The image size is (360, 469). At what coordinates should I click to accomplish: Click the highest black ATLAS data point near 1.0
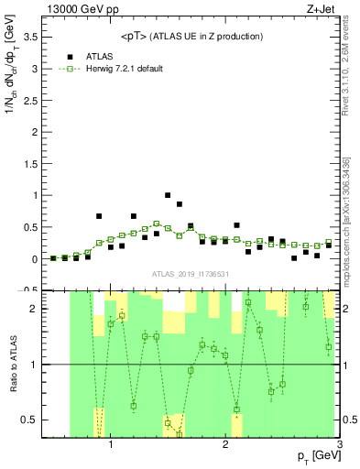pos(168,195)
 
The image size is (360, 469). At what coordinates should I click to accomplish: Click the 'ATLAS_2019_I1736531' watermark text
pos(191,274)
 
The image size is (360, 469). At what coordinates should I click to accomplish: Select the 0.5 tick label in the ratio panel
pos(32,420)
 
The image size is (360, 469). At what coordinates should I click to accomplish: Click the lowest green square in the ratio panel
pos(180,433)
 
